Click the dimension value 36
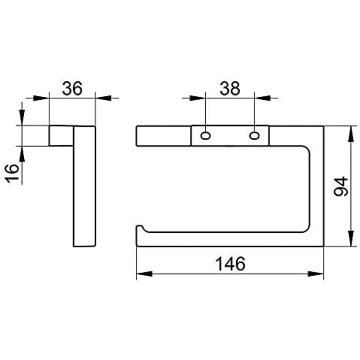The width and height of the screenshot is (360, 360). pos(72,88)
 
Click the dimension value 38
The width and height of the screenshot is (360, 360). pos(230,88)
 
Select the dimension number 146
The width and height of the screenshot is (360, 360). pos(231,264)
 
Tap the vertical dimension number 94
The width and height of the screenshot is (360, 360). pos(341,186)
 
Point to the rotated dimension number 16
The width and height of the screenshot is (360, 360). pos(12,173)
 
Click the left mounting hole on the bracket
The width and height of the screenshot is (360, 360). pos(206,136)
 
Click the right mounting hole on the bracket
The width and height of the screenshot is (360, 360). pos(255,136)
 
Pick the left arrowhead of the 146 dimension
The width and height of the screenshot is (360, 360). pos(145,274)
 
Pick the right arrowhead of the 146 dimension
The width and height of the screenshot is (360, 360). pos(315,274)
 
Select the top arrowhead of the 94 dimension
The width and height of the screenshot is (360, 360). pos(351,134)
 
